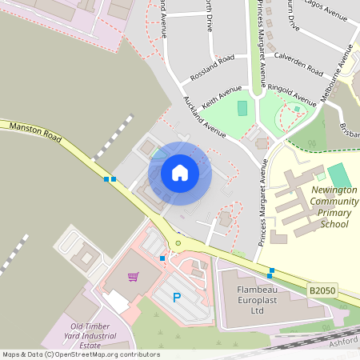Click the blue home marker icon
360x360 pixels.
(x=180, y=173)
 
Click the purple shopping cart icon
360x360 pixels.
(x=134, y=276)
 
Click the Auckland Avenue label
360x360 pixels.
(x=205, y=116)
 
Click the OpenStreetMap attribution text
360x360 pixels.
(x=80, y=354)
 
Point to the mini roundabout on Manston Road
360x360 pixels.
(x=178, y=243)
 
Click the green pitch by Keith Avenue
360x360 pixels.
(x=242, y=107)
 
